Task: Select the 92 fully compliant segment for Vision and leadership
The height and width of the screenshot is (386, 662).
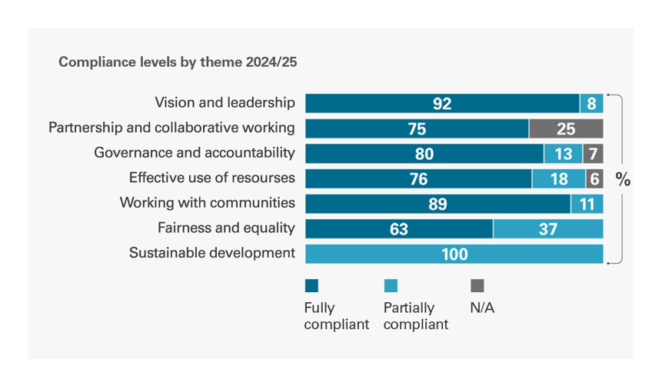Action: coord(442,104)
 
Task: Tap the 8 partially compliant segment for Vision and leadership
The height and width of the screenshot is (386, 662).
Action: coord(591,104)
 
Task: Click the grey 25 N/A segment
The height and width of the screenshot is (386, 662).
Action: coord(566,128)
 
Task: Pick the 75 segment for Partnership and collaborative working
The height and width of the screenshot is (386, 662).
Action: coord(417,128)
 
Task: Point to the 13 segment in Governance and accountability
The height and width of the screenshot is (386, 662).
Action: coord(563,154)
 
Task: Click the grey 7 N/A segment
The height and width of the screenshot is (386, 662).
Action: coord(593,154)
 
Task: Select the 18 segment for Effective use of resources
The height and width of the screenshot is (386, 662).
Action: coord(558,179)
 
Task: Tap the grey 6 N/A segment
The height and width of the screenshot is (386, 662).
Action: coord(594,179)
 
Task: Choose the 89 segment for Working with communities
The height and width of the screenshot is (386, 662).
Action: coord(437,204)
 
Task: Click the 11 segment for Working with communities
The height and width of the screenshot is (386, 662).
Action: coord(587,204)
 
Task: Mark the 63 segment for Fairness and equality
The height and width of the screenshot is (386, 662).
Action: coord(399,229)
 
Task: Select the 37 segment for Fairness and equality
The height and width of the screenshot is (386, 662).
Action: coord(548,229)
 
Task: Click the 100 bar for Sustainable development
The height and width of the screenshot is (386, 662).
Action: coord(454,254)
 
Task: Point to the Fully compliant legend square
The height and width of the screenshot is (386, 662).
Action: coord(311,286)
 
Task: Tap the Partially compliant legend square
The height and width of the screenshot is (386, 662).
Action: coord(391,286)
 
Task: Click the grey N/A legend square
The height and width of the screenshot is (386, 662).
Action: coord(477,286)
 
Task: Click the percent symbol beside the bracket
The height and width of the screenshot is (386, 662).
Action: coord(623,180)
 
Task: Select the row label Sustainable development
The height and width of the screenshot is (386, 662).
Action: coord(212,253)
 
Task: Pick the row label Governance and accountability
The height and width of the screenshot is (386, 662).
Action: coord(195,153)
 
